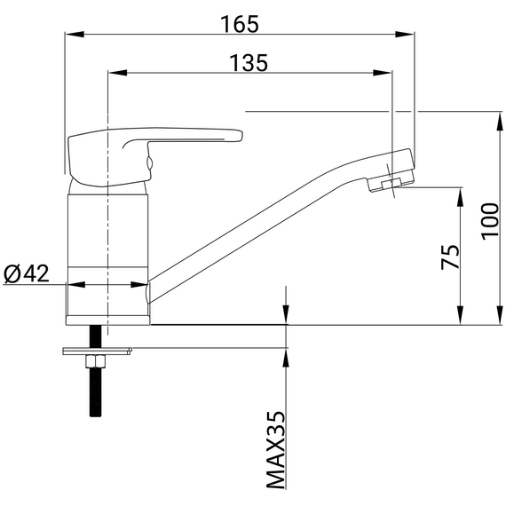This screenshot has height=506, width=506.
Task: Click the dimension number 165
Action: [x=239, y=24]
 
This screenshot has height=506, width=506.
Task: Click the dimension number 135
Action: [x=249, y=63]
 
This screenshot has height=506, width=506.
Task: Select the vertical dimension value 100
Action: [x=490, y=221]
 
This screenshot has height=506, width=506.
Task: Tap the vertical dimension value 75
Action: [x=450, y=257]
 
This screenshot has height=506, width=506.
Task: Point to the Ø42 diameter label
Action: [x=27, y=273]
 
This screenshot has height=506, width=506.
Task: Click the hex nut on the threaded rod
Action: [x=95, y=361]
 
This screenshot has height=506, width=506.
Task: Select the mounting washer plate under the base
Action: [x=98, y=352]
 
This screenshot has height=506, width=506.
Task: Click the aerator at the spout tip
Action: [x=391, y=183]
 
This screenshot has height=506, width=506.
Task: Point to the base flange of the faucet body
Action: [x=107, y=320]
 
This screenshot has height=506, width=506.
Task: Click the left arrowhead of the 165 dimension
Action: [x=75, y=35]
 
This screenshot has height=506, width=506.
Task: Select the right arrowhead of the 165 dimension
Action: [x=405, y=35]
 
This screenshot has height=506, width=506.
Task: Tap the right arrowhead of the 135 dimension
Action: [x=382, y=73]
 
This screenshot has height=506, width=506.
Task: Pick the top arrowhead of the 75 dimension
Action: [x=461, y=197]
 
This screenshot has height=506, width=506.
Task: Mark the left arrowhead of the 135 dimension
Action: [x=118, y=73]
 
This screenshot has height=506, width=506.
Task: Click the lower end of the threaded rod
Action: [x=95, y=416]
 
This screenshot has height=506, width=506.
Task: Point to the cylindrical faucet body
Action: [x=107, y=255]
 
